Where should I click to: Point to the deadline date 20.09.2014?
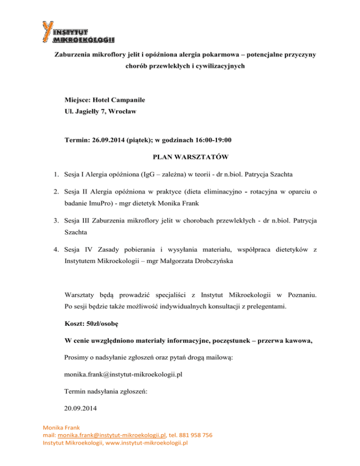81,409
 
